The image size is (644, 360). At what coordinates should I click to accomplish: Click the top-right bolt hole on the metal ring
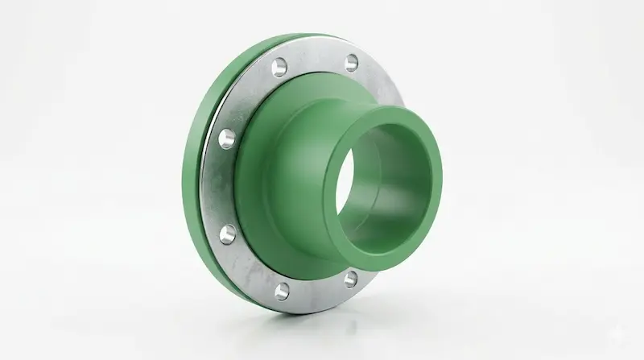pyautogui.click(x=352, y=62)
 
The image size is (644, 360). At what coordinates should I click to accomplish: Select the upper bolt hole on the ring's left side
pyautogui.click(x=227, y=138)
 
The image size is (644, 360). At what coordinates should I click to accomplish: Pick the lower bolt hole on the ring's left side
pyautogui.click(x=227, y=234)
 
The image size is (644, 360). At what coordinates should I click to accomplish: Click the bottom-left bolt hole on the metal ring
pyautogui.click(x=281, y=290)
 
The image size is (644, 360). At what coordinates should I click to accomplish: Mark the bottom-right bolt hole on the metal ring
pyautogui.click(x=351, y=279)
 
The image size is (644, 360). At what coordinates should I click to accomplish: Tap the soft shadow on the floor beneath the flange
pyautogui.click(x=322, y=318)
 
